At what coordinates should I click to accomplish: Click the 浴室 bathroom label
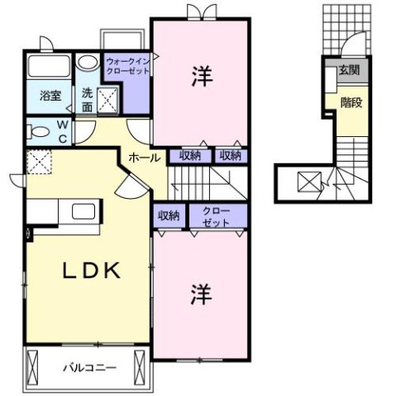click(x=50, y=96)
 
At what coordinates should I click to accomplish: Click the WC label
click(x=61, y=132)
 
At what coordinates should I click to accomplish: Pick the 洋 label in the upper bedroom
click(x=202, y=76)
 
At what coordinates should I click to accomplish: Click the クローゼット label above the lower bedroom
click(x=218, y=216)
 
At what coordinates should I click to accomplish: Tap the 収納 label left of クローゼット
click(x=169, y=216)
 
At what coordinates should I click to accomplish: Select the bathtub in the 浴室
click(x=50, y=67)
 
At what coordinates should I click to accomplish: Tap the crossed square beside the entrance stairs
click(x=307, y=180)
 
